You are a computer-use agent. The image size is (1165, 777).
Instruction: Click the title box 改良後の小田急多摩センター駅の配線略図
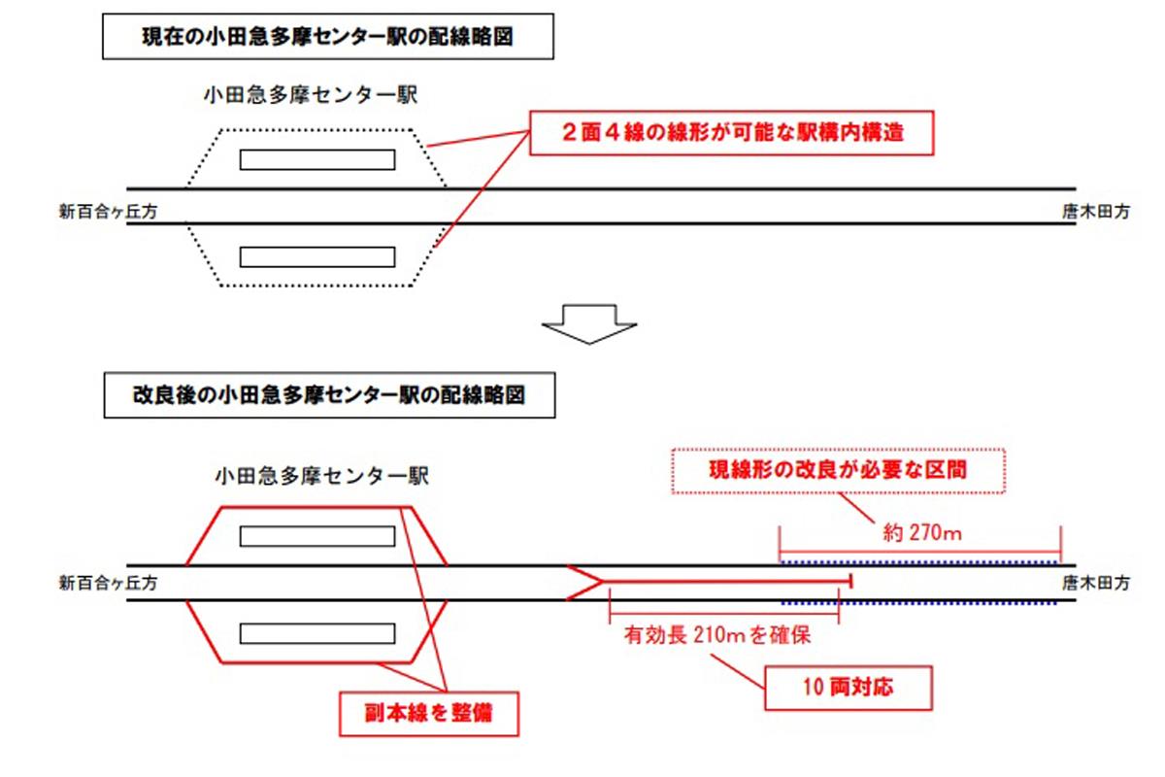pos(329,397)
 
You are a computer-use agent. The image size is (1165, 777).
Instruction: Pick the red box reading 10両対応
pos(849,688)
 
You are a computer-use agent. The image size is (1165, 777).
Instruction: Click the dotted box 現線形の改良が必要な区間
pos(838,472)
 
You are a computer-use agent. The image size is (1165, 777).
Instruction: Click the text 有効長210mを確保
pos(718,637)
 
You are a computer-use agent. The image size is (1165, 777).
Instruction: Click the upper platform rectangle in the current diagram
pos(317,159)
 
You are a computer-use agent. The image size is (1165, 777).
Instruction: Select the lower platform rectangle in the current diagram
pos(317,256)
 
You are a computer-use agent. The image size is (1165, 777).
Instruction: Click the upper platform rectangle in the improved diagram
pos(317,535)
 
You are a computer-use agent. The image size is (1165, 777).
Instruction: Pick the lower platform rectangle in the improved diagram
pos(317,632)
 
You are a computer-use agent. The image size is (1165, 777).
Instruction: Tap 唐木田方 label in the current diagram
pos(1096,208)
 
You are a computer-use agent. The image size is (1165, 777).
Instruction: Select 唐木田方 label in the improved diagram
pos(1096,583)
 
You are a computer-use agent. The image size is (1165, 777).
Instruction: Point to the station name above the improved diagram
pos(320,476)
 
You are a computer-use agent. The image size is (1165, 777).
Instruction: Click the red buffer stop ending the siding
pos(851,582)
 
